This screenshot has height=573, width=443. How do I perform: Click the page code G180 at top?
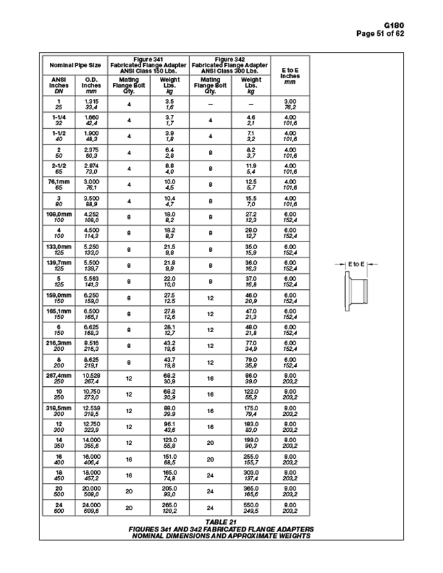[x=413, y=26]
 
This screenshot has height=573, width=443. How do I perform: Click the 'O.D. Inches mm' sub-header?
[x=91, y=85]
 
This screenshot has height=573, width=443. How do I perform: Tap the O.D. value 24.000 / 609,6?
[x=91, y=509]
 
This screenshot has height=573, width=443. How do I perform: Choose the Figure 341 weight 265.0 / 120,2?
[x=170, y=509]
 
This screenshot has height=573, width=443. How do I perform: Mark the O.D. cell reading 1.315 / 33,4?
[x=91, y=104]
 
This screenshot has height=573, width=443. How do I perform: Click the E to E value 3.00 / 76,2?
[x=290, y=104]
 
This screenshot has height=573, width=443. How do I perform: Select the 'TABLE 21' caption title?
[x=221, y=521]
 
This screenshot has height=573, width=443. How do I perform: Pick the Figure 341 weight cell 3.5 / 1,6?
[x=170, y=104]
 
